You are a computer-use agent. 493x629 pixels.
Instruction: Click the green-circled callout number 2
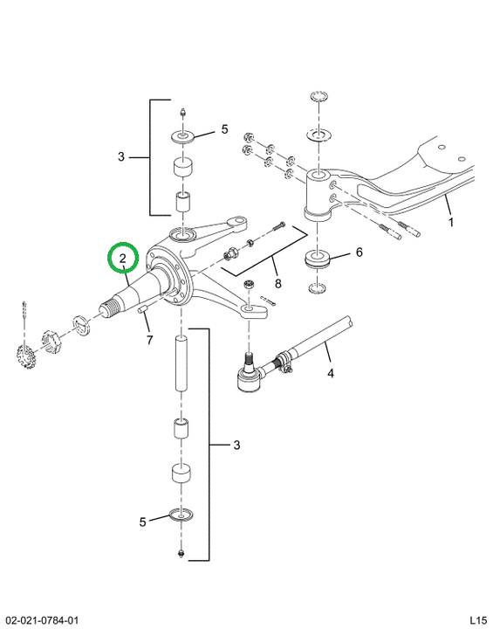click(123, 258)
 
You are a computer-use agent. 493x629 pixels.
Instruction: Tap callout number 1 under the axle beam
click(451, 222)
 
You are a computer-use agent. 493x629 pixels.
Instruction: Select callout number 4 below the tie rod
click(331, 374)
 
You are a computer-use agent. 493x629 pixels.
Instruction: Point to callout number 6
click(359, 252)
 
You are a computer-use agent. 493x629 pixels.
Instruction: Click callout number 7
click(149, 341)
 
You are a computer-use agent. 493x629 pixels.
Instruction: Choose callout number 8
click(277, 284)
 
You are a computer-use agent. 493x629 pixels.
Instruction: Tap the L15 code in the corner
click(478, 619)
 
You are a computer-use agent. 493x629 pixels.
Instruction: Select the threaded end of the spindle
click(109, 308)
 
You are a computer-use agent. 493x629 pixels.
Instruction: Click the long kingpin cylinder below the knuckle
click(181, 363)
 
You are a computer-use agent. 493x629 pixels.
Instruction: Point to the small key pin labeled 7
click(143, 309)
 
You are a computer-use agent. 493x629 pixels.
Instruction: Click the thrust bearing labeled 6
click(317, 259)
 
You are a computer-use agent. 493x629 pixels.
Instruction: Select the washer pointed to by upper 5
click(182, 136)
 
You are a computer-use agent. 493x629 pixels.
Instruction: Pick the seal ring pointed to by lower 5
click(181, 515)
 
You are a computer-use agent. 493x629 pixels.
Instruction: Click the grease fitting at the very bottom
click(181, 554)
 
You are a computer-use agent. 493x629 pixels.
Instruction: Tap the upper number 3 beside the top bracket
click(121, 156)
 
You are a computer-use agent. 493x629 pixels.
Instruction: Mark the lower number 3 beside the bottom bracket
click(236, 445)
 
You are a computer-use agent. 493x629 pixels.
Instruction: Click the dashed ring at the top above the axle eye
click(318, 97)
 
